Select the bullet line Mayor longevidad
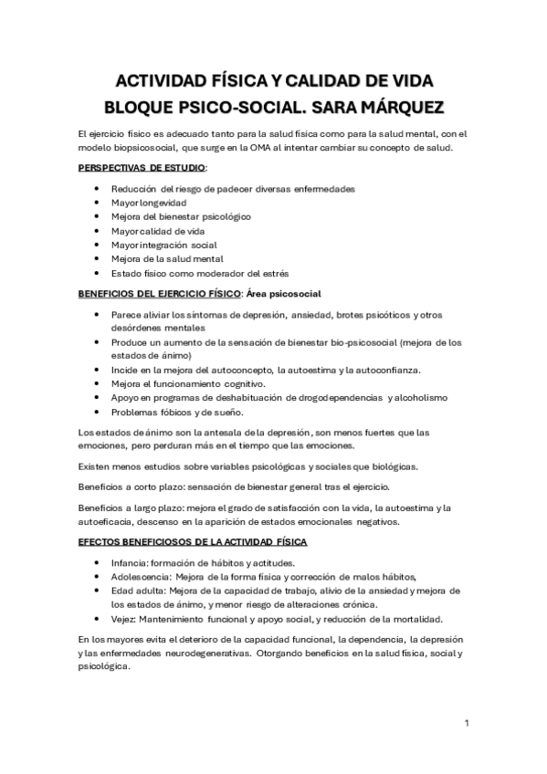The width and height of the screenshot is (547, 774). [x=148, y=203]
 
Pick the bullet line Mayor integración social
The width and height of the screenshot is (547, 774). [x=163, y=246]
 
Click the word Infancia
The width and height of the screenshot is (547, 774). [x=128, y=563]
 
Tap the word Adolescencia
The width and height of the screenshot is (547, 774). [x=140, y=577]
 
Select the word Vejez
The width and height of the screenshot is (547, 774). [x=122, y=619]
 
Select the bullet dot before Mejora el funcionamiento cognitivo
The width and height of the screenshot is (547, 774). [x=99, y=383]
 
